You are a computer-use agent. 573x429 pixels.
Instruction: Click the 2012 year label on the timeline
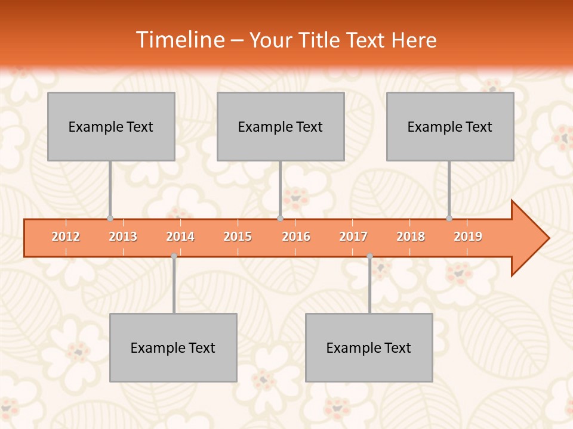66,237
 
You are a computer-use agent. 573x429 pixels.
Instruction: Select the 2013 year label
123,237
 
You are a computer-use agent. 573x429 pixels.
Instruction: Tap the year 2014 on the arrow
180,237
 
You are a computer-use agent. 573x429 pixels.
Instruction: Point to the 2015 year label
238,237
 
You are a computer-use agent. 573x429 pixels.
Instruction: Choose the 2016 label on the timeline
296,237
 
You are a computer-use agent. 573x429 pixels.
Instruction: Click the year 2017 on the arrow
353,237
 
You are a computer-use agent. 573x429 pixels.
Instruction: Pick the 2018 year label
411,237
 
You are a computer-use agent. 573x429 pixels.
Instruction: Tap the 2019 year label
468,237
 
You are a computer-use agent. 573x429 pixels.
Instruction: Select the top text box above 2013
111,126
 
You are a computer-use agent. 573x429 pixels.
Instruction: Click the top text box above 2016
281,126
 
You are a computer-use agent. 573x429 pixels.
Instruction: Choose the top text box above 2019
450,126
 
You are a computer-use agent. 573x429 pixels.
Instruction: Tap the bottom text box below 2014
173,347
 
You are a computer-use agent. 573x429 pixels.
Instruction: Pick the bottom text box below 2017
369,347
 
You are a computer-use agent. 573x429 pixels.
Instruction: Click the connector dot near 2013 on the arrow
110,218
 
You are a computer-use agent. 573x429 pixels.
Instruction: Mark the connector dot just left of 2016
280,218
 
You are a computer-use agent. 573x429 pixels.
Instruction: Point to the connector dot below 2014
174,256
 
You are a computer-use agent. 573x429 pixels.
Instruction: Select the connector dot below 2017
369,256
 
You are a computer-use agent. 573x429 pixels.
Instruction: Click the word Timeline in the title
180,40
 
